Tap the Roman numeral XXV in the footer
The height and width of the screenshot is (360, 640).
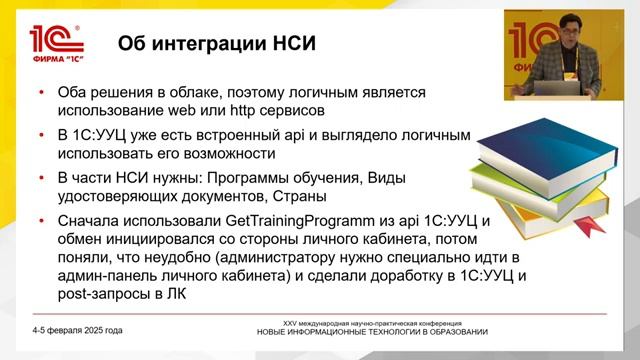[292, 323]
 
